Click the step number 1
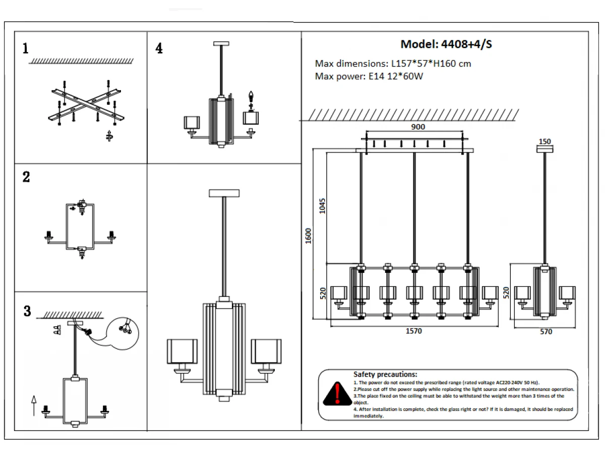[x=25, y=48]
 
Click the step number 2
[x=26, y=177]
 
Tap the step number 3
[x=27, y=311]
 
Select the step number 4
[x=159, y=48]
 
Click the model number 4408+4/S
[x=466, y=44]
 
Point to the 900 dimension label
[x=418, y=127]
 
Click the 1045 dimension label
[x=322, y=206]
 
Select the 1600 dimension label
[x=308, y=236]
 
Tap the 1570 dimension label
[x=413, y=331]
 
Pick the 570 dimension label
[x=546, y=332]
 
